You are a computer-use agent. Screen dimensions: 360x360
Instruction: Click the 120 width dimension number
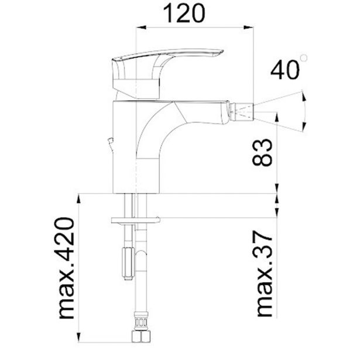tap(184, 14)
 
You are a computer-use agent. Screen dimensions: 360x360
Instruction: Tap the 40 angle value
tap(285, 70)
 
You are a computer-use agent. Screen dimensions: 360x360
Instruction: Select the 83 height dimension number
tap(262, 152)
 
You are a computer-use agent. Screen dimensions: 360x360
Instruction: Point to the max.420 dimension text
tap(66, 268)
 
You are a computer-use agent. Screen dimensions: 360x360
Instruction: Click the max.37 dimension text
tap(264, 274)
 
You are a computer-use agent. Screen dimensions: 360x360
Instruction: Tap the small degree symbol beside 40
tap(304, 58)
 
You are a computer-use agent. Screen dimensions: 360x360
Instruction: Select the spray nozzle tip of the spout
tap(241, 111)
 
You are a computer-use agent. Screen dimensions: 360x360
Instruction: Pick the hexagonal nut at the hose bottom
tap(141, 337)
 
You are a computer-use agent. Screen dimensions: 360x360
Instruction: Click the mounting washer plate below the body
tap(135, 220)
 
